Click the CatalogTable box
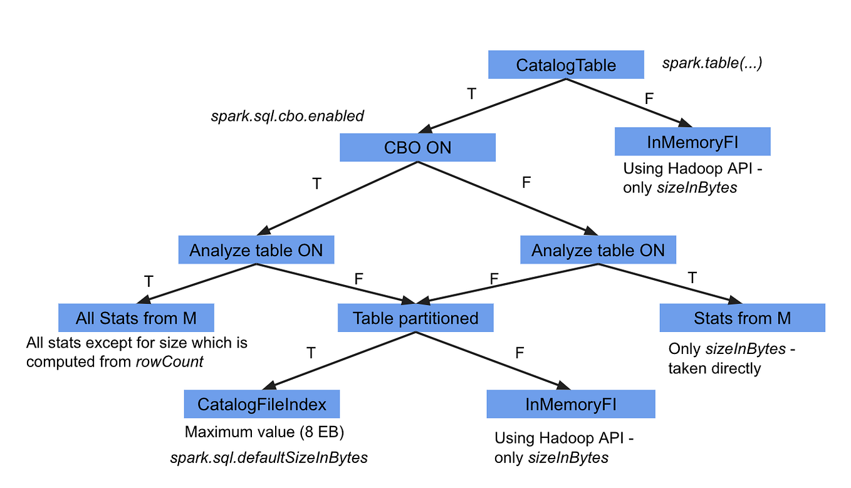pos(566,65)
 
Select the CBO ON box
pos(417,148)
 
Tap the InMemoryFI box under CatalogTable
pos(692,142)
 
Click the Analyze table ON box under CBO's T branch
pos(256,251)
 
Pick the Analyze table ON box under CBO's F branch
pos(598,251)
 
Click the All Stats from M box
pos(136,318)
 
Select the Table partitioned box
pos(415,318)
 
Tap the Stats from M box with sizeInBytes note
pos(742,318)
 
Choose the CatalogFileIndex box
pos(262,404)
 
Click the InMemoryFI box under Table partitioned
pos(570,404)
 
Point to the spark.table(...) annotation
pos(712,63)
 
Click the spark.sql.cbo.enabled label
pos(288,116)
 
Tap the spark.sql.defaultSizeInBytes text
pos(269,457)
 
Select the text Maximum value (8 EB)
pos(264,432)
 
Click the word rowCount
pos(169,361)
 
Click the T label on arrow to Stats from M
pos(692,278)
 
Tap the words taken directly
pos(714,368)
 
